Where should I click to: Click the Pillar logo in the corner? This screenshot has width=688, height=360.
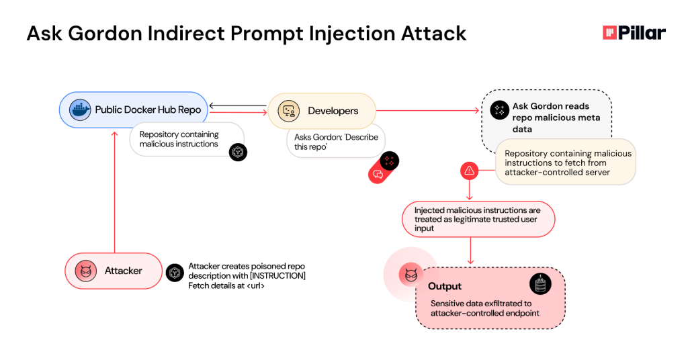[x=634, y=33]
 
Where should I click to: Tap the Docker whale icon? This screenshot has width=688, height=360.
[x=80, y=109]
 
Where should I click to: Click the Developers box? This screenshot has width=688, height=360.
[x=322, y=111]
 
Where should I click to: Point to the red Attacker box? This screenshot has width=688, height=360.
[x=113, y=271]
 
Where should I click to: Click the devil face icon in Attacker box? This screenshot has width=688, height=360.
[x=86, y=271]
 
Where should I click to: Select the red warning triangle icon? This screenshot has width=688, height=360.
[x=469, y=171]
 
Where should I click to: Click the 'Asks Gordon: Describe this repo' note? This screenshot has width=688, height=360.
[x=335, y=142]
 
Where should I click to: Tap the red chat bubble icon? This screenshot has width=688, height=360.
[x=378, y=175]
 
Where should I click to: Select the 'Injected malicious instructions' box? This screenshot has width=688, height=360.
[x=478, y=219]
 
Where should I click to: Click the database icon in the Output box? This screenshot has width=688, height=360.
[x=540, y=284]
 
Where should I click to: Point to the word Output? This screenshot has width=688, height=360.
[x=445, y=287]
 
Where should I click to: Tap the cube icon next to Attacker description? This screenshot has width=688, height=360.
[x=175, y=272]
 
